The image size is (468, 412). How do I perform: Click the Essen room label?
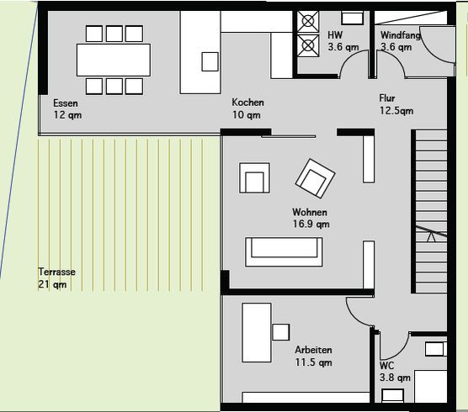[x=66, y=103]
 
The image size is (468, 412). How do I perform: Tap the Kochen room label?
[x=247, y=103]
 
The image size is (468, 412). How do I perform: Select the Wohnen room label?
[x=310, y=212]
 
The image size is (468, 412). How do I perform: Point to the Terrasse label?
[x=56, y=272]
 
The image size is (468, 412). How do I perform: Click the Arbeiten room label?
[x=313, y=350]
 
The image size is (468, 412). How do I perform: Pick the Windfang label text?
[x=401, y=35]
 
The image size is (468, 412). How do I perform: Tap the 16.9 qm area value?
[x=311, y=224]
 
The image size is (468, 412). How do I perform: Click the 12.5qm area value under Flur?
[x=396, y=111]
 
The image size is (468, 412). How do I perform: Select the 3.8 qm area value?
[x=395, y=378]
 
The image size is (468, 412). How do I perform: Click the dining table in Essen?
[x=114, y=60]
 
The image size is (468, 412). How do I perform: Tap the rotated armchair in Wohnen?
[x=315, y=178]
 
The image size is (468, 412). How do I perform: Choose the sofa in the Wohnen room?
[x=284, y=252]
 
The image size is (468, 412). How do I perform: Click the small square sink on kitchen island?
[x=210, y=61]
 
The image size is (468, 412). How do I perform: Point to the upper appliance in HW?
[x=308, y=22]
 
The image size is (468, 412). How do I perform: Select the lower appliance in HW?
[x=308, y=45]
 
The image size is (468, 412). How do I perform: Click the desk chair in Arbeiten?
[x=281, y=332]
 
